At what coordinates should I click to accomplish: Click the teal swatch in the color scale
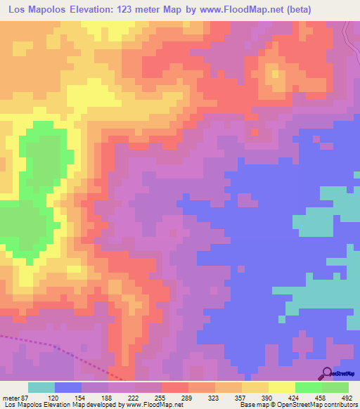coord(41,387)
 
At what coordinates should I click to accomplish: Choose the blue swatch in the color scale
coord(68,387)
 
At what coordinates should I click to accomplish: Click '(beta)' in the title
coord(295,10)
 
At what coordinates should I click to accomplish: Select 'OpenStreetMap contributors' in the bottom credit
coord(319,405)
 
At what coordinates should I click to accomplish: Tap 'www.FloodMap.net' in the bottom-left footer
coord(151,405)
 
